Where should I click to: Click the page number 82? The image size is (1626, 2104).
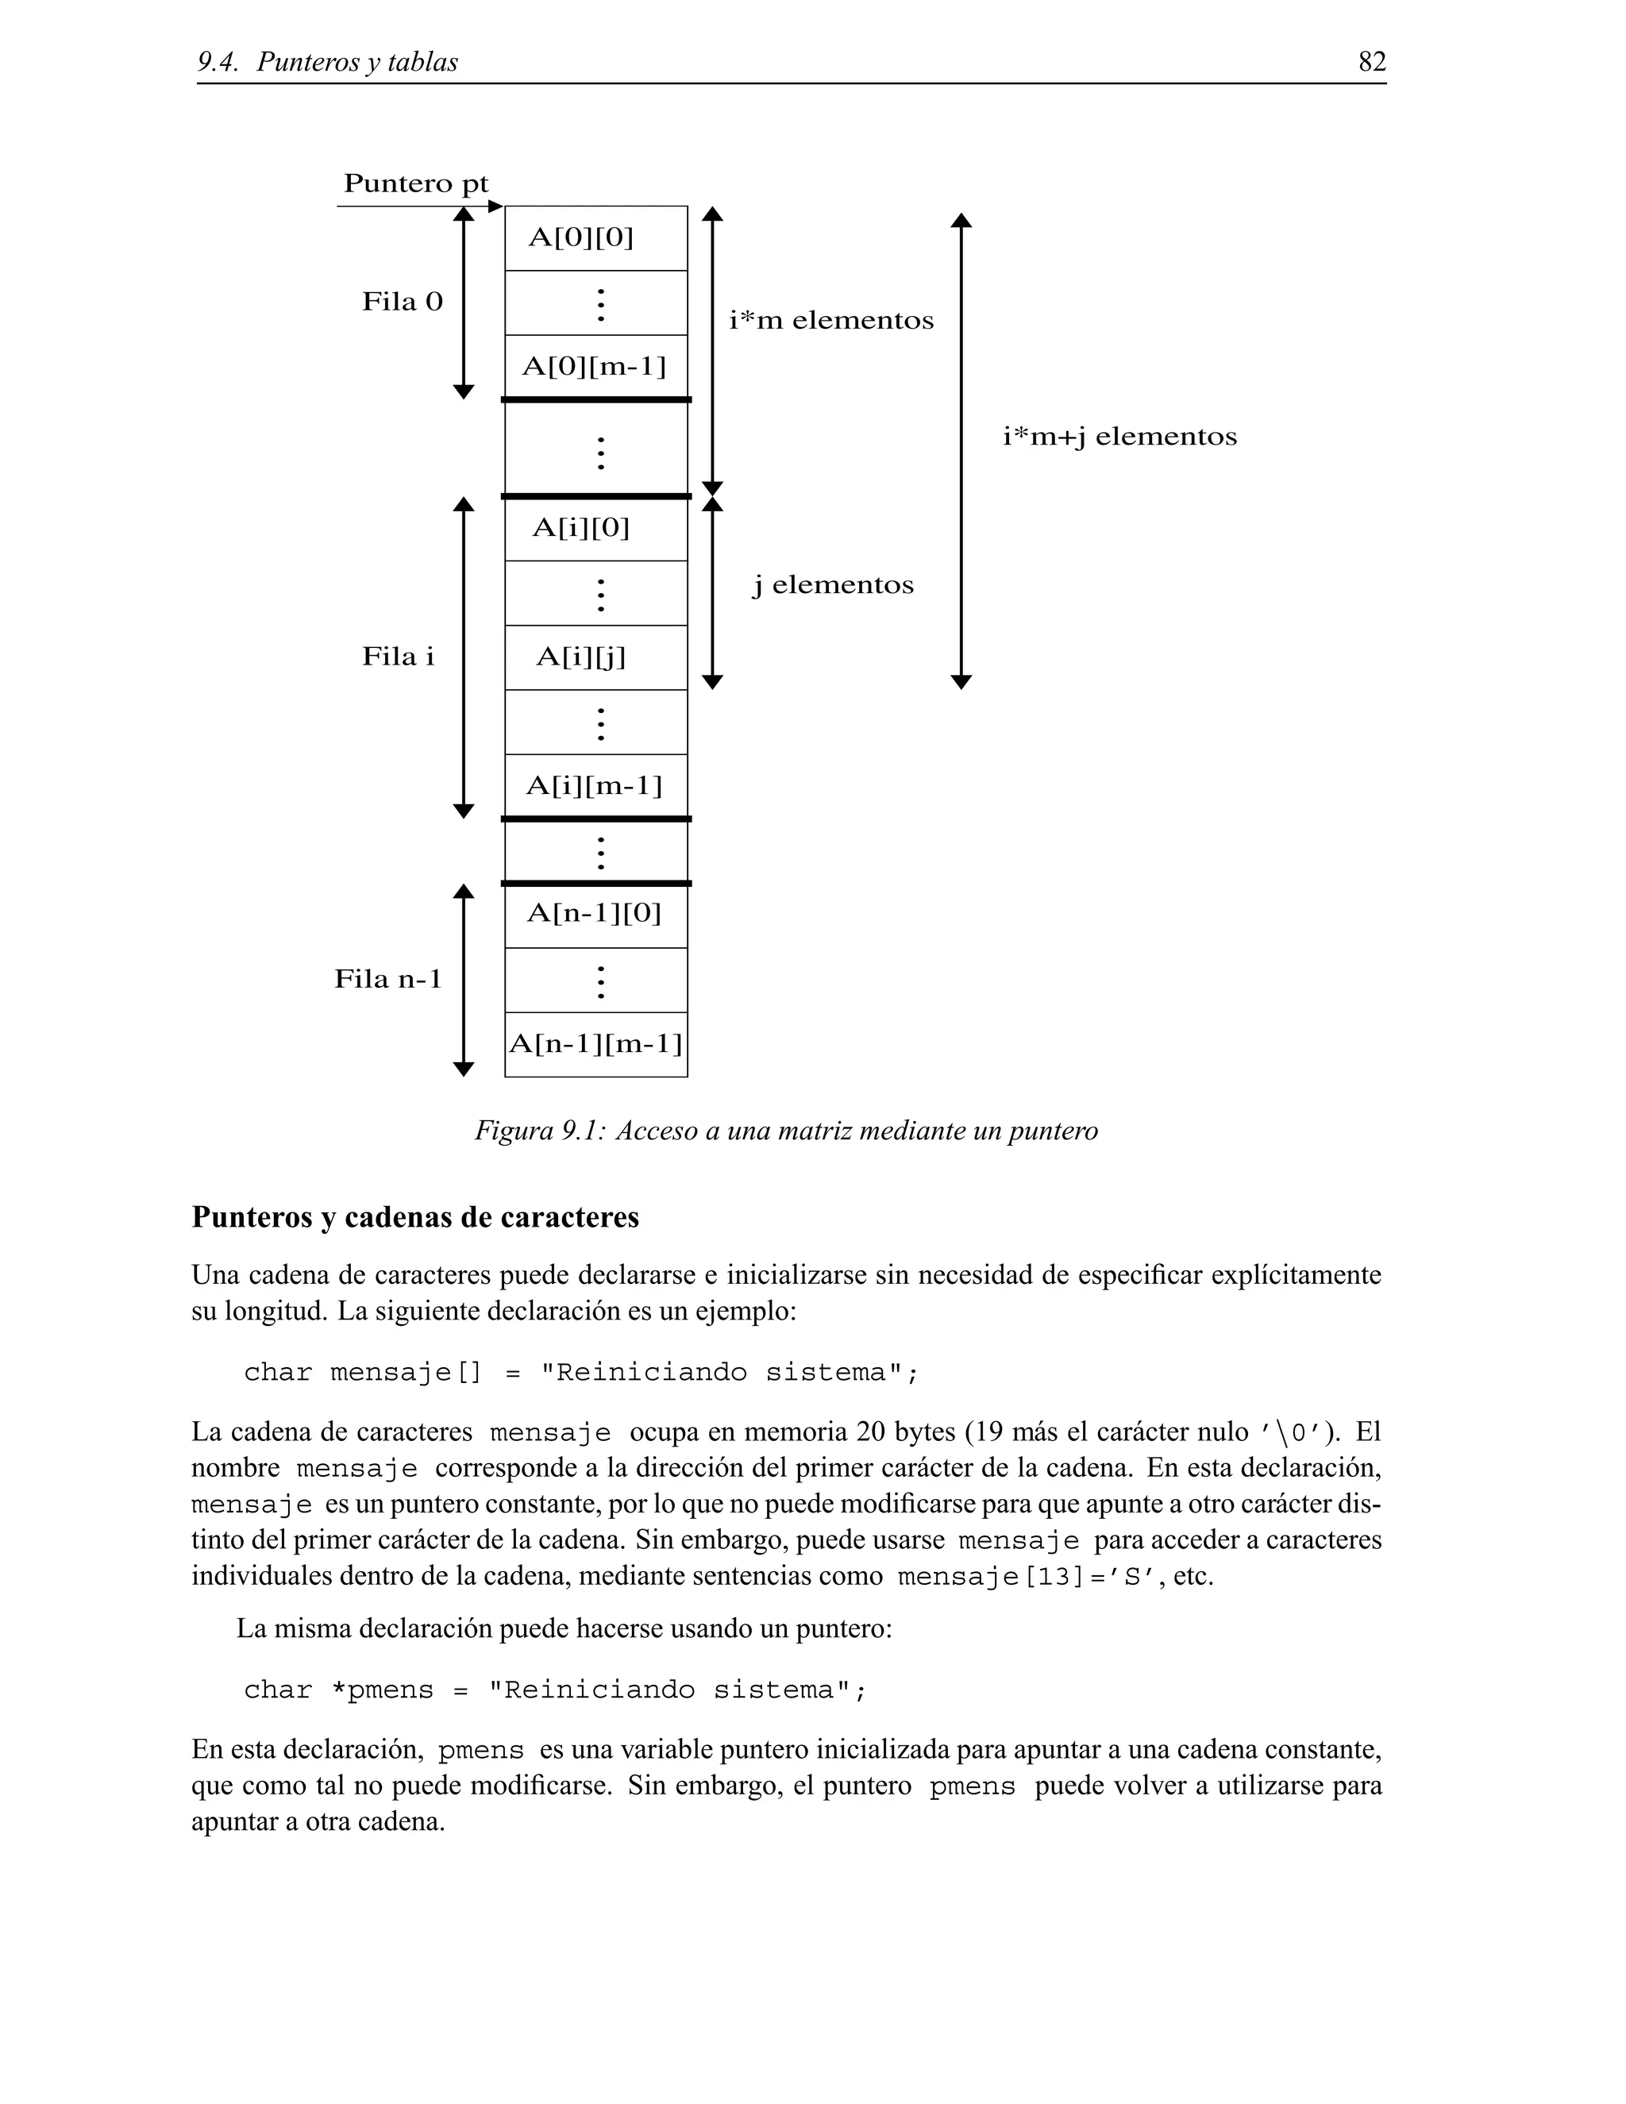[1372, 62]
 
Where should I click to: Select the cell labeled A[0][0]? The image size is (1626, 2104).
[595, 238]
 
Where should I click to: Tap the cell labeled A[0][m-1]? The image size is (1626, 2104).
[595, 367]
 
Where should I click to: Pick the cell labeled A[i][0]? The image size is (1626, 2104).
[595, 528]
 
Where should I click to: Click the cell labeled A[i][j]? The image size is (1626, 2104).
[595, 657]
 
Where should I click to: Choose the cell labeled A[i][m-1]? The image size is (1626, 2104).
[595, 786]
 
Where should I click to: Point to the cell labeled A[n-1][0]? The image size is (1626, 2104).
[595, 914]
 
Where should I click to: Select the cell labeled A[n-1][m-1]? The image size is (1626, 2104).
[595, 1044]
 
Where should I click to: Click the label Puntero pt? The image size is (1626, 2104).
[416, 184]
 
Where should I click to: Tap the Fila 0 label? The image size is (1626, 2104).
[403, 302]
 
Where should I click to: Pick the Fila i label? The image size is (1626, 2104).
[398, 657]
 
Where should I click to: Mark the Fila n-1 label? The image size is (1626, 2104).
[388, 980]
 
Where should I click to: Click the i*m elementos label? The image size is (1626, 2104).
[831, 321]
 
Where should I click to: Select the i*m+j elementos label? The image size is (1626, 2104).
[1119, 437]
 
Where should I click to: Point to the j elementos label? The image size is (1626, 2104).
[833, 586]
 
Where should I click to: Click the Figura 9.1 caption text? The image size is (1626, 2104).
[786, 1131]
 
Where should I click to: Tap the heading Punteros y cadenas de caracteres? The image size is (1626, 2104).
[415, 1218]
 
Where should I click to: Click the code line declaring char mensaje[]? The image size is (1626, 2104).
[582, 1373]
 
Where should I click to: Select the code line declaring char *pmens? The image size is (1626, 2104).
[556, 1690]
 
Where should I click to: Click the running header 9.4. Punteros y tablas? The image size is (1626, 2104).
[328, 63]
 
